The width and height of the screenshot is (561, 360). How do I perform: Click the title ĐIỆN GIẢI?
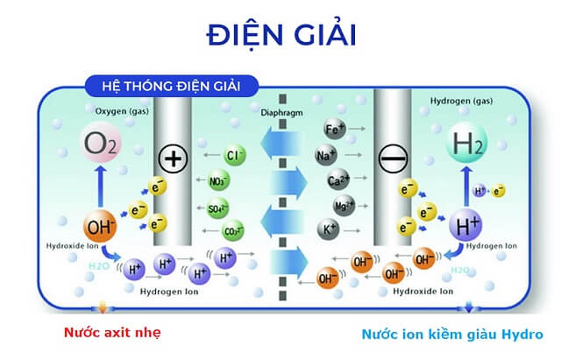tap(280, 34)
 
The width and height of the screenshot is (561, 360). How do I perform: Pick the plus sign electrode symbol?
tap(173, 159)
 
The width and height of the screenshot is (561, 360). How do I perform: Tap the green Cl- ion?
tap(233, 156)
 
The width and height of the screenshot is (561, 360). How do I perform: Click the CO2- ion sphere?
tap(232, 233)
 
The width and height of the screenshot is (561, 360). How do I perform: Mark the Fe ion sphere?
tap(333, 130)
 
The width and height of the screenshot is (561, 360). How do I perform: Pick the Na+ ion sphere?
tap(326, 156)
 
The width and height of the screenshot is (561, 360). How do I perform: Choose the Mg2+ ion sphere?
tap(344, 207)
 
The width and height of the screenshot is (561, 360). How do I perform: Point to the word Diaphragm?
tap(282, 115)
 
